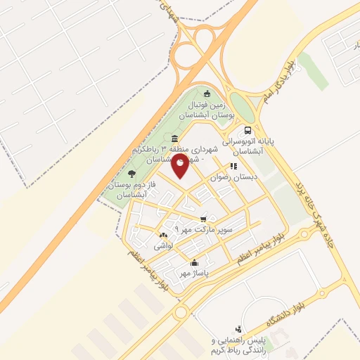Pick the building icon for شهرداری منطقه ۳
coord(174,138)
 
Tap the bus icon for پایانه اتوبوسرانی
coord(247,130)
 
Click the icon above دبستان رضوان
coord(233,167)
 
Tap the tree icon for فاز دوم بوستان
coord(132,173)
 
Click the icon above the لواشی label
coord(164,235)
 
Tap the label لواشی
coord(163,246)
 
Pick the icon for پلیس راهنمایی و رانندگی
coord(238,328)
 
